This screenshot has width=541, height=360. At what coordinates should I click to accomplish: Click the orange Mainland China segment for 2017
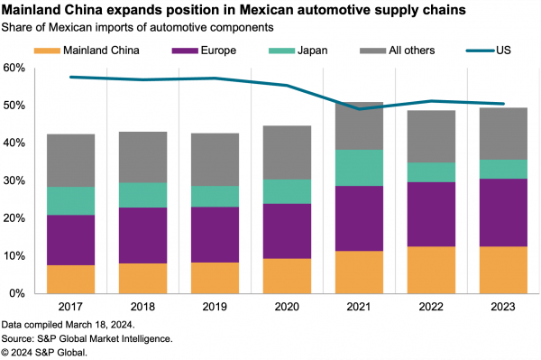coord(69,279)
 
